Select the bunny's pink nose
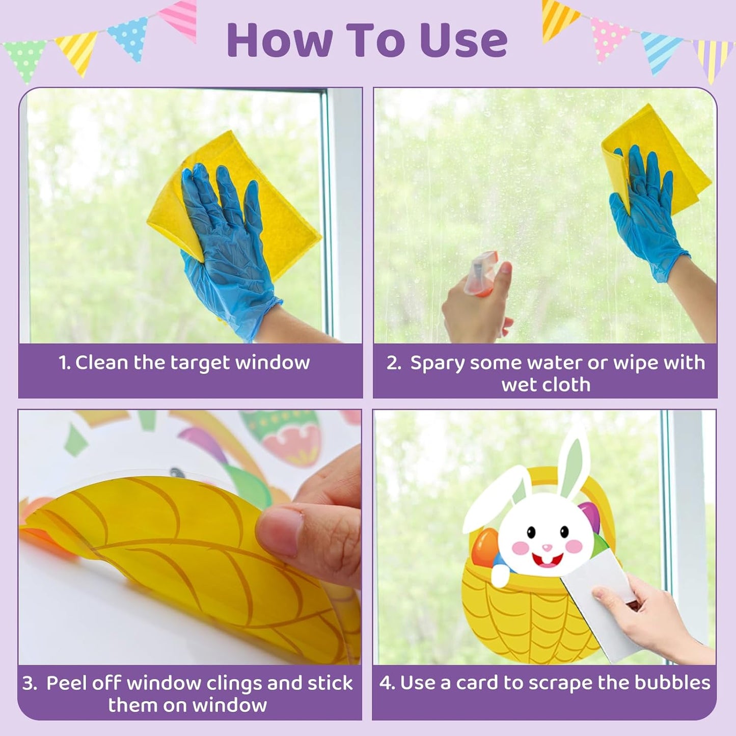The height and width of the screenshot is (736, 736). [547, 548]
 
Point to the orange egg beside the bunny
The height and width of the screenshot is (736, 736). [484, 548]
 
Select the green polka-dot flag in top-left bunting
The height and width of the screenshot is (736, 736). [24, 59]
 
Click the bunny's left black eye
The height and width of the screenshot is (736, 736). [531, 533]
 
